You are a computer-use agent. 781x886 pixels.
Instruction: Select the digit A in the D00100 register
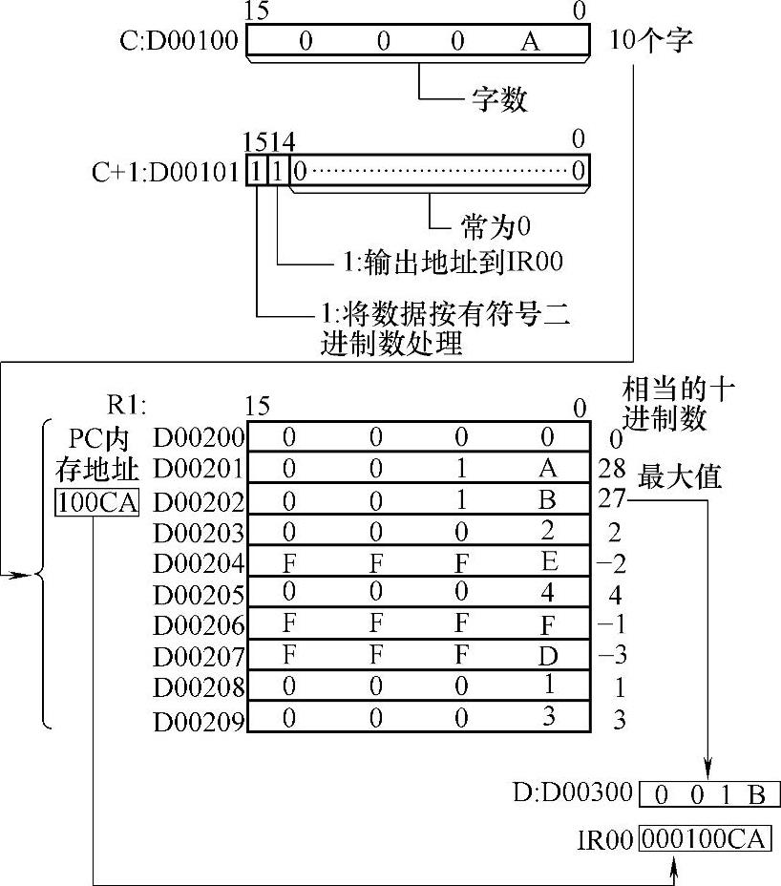point(530,41)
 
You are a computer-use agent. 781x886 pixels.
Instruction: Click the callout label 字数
point(499,99)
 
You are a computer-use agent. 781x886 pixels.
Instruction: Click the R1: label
point(129,405)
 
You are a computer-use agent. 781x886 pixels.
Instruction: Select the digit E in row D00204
point(548,562)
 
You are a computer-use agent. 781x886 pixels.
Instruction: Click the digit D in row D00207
point(548,655)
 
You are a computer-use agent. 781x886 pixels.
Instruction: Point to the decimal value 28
point(610,468)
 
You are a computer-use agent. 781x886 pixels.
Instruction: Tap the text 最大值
point(679,477)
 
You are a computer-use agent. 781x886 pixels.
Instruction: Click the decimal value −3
point(612,656)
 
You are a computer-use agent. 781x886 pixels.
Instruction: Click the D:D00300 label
point(573,792)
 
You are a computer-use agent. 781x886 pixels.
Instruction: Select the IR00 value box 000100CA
point(705,839)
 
